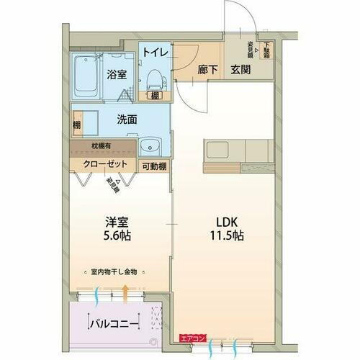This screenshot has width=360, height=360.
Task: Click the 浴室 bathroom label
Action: click(117, 73)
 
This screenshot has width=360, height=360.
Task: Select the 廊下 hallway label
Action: click(207, 71)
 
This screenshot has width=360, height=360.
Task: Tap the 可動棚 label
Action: click(155, 165)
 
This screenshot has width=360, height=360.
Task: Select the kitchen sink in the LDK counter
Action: click(218, 150)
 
